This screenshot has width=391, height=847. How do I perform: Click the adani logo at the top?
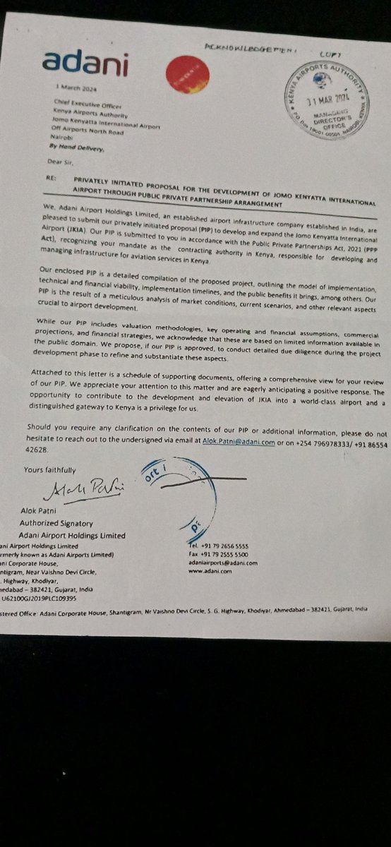(x=85, y=63)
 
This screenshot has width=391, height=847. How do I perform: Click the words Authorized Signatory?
(x=56, y=524)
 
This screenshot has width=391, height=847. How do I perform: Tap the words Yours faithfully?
(x=49, y=469)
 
